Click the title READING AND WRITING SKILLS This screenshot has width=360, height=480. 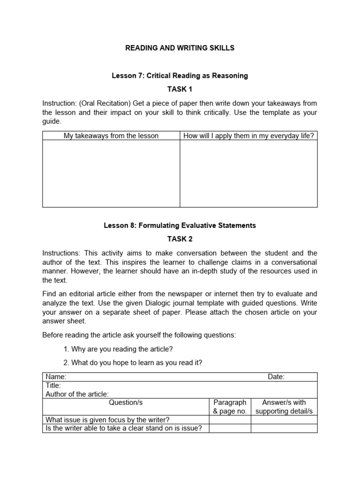[180, 48]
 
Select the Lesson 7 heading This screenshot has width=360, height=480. [180, 75]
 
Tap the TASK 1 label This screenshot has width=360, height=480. [180, 89]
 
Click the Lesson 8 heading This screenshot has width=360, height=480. [180, 225]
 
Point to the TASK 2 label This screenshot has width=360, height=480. [180, 239]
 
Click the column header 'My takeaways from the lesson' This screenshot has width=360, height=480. [111, 136]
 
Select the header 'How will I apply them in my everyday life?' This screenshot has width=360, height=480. [248, 136]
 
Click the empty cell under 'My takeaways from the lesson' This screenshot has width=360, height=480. [111, 173]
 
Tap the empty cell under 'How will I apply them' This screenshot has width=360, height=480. [248, 173]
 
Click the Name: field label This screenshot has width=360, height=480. [56, 377]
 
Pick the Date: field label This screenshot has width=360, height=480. [276, 377]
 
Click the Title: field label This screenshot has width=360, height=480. [53, 385]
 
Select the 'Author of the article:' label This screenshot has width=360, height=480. [77, 394]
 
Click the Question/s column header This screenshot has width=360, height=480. [126, 403]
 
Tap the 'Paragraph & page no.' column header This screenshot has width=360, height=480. [230, 407]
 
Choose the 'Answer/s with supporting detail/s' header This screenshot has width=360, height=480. [284, 407]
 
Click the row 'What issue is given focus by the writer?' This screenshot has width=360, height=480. [107, 420]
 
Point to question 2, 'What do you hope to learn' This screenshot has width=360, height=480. [133, 363]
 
